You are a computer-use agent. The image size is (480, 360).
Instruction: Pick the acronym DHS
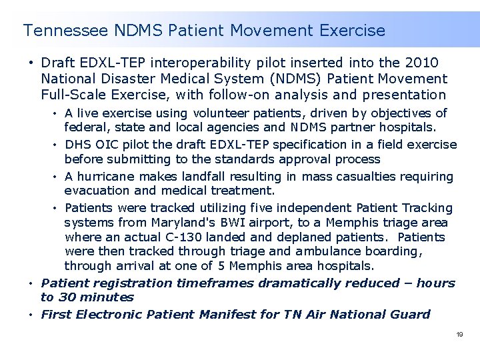[x=79, y=144]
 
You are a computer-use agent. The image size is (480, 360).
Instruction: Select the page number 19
[x=459, y=334]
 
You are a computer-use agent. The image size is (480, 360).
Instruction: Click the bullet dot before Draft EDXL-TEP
[x=31, y=63]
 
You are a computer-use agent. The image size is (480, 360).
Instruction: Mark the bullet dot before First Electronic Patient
[x=31, y=315]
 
